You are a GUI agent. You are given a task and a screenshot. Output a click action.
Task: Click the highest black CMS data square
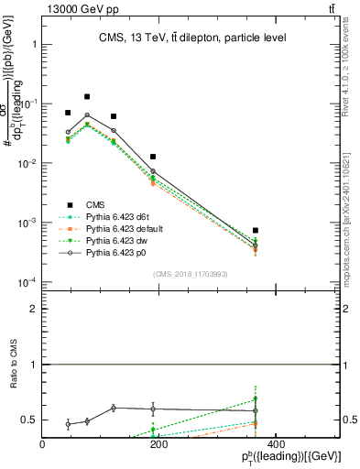(87, 96)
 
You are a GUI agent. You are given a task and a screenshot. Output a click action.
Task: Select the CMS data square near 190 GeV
(153, 157)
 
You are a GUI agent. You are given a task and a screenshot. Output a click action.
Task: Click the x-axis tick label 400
(275, 444)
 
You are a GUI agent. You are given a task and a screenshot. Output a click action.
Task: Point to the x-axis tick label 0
(43, 444)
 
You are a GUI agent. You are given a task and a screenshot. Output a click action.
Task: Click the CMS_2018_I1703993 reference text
(189, 274)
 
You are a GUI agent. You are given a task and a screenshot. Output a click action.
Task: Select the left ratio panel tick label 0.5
(29, 420)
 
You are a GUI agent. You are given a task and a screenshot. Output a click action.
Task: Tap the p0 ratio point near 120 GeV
(113, 408)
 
